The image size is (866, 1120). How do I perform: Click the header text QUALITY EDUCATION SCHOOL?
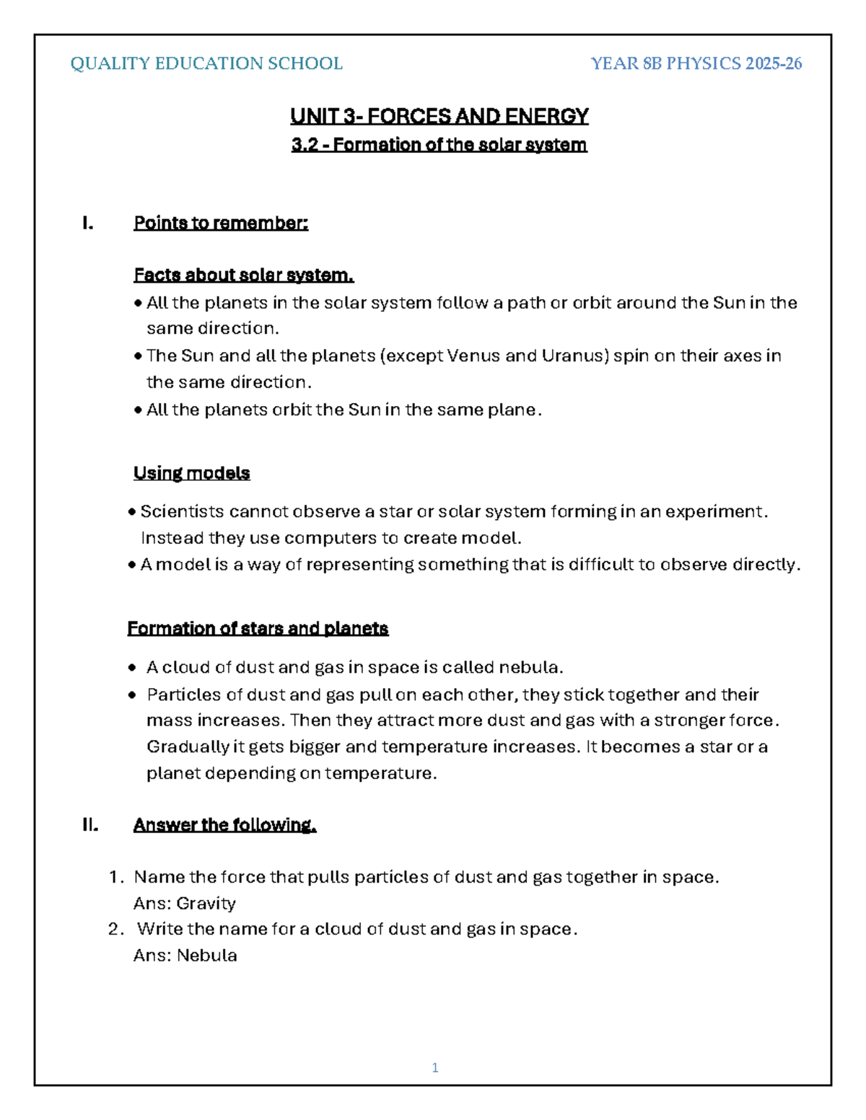206,63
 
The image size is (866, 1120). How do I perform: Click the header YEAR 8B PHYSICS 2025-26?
696,63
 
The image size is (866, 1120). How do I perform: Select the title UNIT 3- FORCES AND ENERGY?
439,116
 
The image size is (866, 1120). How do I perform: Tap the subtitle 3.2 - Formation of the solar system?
439,145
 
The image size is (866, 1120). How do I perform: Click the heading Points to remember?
221,223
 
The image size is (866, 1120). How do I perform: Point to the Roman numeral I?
87,223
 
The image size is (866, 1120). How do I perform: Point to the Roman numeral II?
89,824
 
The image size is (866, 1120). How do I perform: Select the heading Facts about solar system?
243,275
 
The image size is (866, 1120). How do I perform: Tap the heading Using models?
191,473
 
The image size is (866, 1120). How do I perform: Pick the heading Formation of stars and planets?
258,628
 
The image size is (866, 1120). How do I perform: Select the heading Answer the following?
224,824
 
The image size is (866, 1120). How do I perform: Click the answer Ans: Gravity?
185,903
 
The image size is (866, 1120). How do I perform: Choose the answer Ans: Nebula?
185,955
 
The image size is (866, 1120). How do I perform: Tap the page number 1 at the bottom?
434,1067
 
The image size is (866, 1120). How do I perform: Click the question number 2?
115,929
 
